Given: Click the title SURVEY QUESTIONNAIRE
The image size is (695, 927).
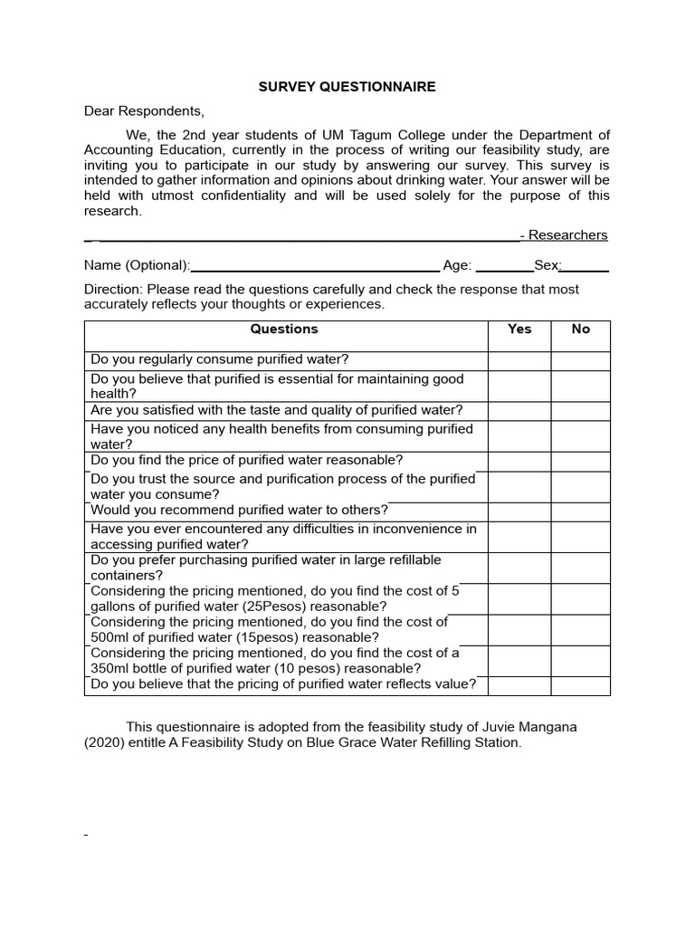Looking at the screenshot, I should tap(347, 87).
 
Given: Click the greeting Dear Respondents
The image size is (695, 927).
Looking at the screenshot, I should tap(145, 111).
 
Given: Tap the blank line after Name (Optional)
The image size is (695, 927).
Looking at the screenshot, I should tap(315, 265).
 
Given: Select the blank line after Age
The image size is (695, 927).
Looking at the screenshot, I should tap(504, 265).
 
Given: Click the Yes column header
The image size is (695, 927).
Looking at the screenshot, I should tap(519, 330).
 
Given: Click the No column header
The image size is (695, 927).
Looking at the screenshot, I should tap(580, 330).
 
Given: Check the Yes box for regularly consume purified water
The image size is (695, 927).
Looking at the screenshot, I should tap(519, 360).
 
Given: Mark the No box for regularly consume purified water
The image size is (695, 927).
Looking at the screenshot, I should tap(580, 360).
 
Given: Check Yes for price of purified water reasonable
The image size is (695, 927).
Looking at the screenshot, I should tap(519, 461).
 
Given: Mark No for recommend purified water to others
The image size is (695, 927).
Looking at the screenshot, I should tap(580, 511).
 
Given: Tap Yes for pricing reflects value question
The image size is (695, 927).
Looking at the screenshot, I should tap(519, 685).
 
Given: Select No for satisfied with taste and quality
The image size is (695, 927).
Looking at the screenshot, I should tap(580, 411).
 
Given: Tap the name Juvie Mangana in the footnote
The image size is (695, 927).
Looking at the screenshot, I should tap(525, 727).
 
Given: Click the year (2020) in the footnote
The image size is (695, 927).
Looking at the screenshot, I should tap(107, 743).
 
